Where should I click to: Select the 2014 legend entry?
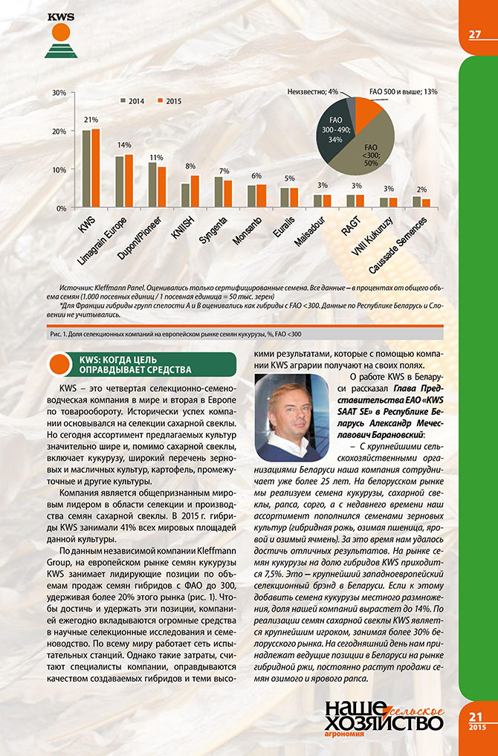tap(134, 100)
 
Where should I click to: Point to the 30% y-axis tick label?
tap(60, 93)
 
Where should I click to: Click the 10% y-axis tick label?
tap(60, 170)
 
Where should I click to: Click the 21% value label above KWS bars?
tap(91, 120)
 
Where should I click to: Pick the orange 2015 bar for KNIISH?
tap(195, 191)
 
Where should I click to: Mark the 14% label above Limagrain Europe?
tap(124, 145)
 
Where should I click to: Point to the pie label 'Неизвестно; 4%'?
tap(312, 91)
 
